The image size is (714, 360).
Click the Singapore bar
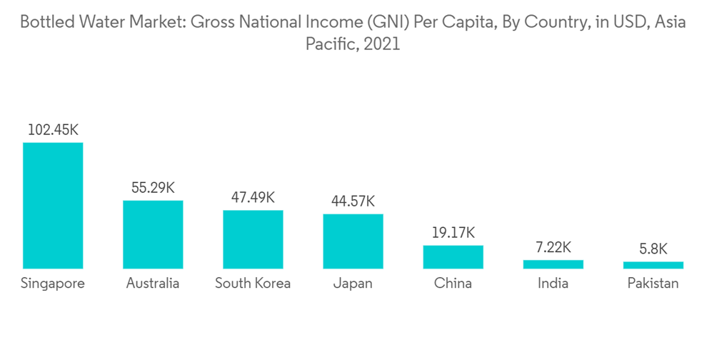53,206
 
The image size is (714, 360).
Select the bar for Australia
153,234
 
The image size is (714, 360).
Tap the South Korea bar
253,239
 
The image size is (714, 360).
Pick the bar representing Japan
353,241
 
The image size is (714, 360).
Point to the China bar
453,257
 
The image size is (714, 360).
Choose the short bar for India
553,264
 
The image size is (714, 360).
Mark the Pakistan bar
653,265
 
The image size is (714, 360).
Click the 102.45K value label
53,130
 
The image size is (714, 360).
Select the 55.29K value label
153,188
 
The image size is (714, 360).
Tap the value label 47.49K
253,198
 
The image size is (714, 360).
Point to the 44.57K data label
353,201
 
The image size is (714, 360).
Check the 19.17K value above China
453,233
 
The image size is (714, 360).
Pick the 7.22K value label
553,247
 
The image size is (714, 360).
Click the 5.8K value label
653,249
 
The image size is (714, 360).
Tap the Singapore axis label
53,284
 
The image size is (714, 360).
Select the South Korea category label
253,284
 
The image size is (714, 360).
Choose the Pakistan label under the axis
653,284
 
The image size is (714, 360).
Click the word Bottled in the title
46,22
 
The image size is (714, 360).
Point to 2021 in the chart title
383,44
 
